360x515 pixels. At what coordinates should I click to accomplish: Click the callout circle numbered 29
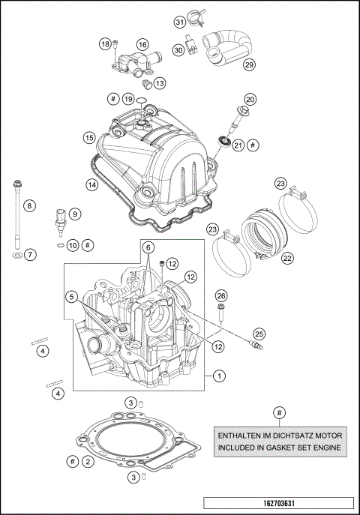250,65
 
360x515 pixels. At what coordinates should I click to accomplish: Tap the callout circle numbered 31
180,22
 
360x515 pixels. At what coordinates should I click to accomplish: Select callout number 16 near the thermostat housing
142,45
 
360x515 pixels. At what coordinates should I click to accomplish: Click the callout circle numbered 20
250,99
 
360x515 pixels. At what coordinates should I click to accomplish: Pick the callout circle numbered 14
91,184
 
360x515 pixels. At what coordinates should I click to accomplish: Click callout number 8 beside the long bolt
30,205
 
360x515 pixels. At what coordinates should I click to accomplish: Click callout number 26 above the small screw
221,295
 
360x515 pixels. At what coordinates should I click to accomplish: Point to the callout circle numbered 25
259,333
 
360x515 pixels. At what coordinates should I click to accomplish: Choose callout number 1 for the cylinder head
218,375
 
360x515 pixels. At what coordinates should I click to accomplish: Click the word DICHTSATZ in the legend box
281,435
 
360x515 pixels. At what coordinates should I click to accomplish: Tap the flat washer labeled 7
15,255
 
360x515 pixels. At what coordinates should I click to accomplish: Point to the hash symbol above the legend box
279,412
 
